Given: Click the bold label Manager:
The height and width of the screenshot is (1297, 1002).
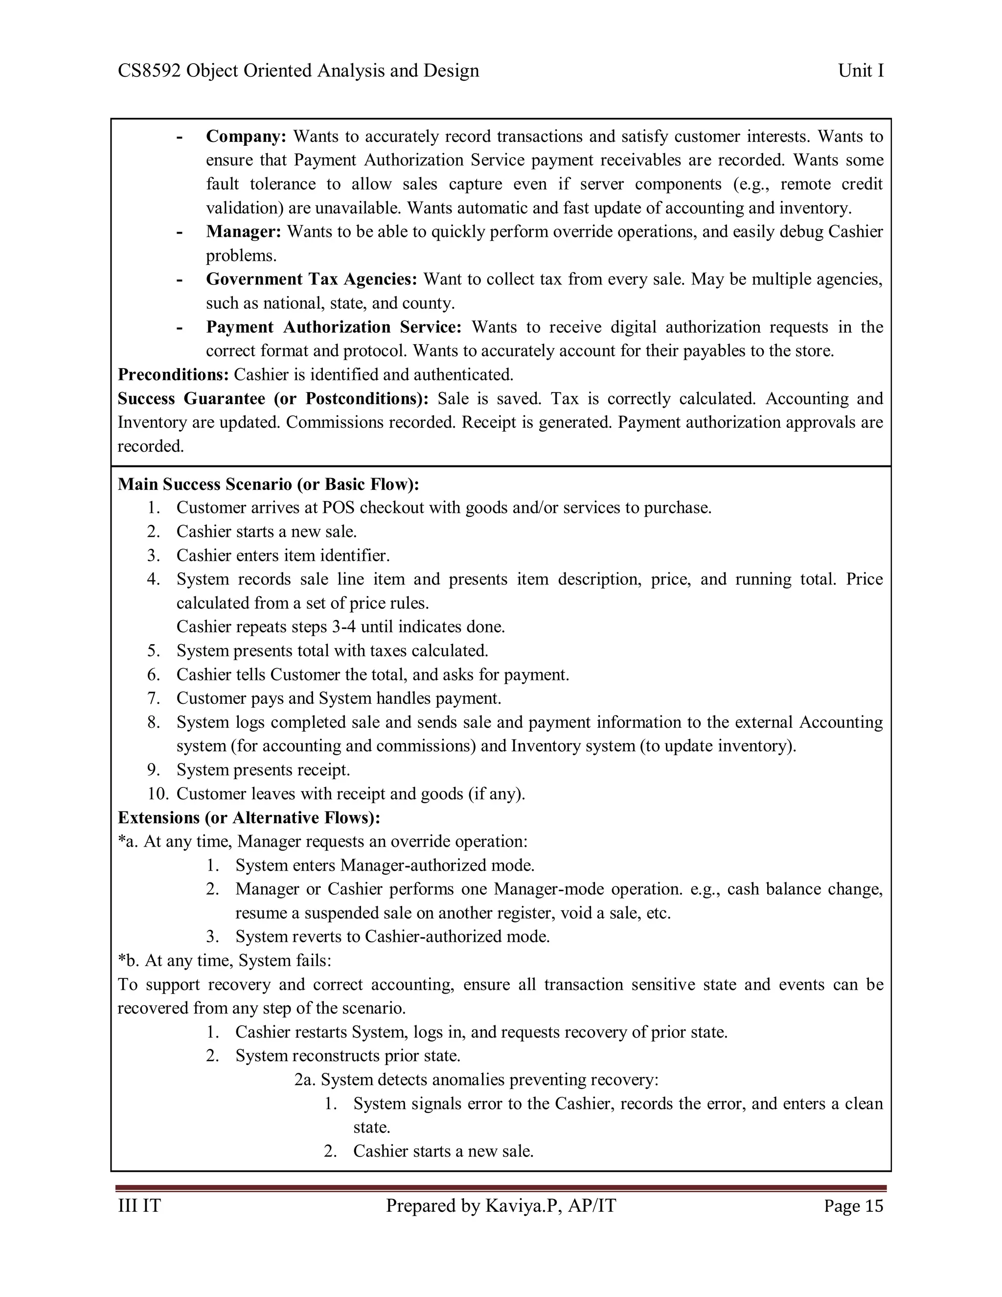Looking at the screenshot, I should pos(243,232).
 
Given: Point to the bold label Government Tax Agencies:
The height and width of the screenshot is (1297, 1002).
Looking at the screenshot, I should pos(312,279).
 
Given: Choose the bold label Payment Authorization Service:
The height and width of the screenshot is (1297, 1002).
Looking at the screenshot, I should pos(334,327).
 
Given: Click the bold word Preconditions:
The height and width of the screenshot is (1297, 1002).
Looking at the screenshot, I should pos(173,375).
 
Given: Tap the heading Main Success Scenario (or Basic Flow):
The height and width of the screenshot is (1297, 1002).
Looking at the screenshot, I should pos(268,485).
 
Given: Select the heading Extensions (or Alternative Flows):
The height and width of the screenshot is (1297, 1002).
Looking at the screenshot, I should pos(249,818).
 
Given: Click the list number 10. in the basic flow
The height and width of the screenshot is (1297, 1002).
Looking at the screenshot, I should pos(158,794).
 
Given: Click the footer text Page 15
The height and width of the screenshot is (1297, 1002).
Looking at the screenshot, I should pos(853,1206).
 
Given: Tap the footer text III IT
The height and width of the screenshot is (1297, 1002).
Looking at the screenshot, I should pos(139,1206).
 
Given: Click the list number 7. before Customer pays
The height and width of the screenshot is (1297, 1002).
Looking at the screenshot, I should pos(154,698).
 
